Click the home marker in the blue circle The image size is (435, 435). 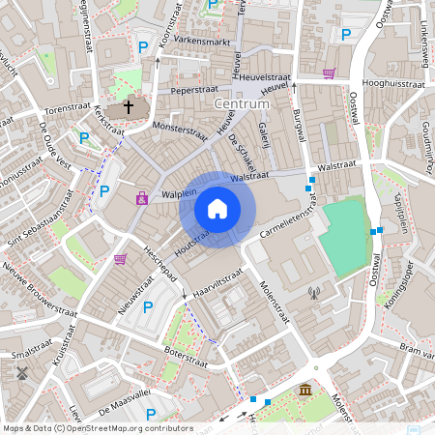[217, 208]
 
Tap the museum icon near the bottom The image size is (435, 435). [305, 390]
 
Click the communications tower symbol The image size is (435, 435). [312, 292]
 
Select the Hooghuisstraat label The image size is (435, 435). [393, 84]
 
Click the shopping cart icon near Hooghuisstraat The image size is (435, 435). [329, 72]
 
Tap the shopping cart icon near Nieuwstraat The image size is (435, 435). [120, 258]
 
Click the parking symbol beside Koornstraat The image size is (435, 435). [143, 46]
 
